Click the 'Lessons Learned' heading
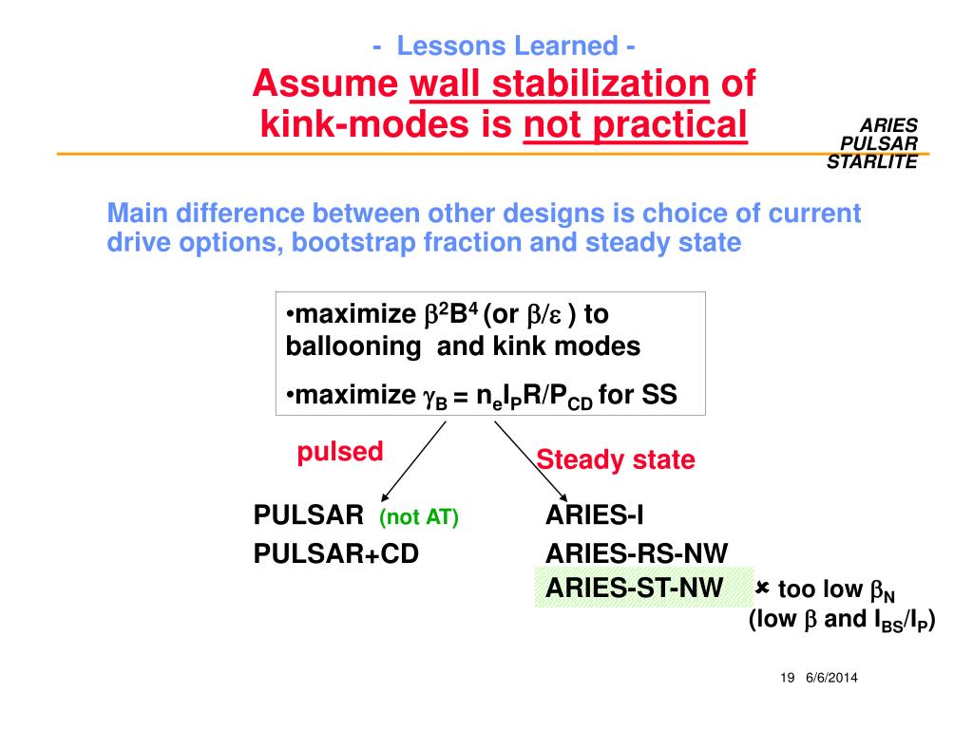[504, 45]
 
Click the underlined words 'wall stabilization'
[560, 84]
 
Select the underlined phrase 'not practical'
[636, 123]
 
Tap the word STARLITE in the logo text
[871, 161]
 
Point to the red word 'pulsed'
[339, 452]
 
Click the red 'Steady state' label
[616, 461]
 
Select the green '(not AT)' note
[418, 517]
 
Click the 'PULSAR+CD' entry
[335, 553]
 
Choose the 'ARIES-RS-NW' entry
[637, 553]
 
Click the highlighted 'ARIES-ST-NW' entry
[634, 589]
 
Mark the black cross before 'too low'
[762, 589]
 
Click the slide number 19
[786, 678]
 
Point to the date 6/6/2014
[838, 678]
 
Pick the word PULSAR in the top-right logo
[879, 143]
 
